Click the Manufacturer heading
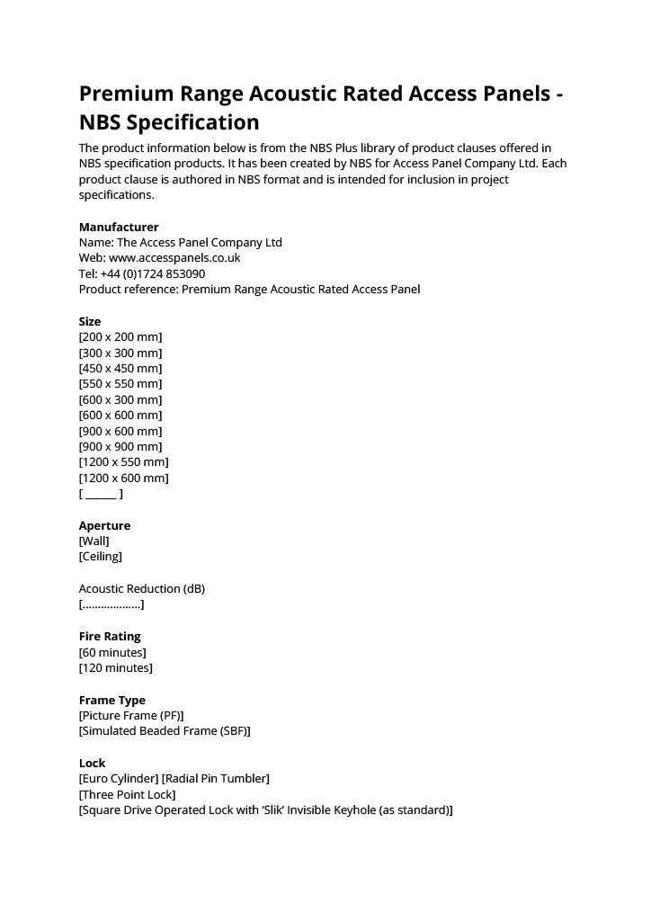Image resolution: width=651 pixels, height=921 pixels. click(119, 227)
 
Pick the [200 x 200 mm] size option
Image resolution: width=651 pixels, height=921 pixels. click(120, 337)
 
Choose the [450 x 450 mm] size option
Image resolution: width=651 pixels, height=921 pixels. click(120, 369)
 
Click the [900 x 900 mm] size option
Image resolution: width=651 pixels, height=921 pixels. click(120, 447)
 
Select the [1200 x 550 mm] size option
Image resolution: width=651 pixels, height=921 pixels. click(124, 462)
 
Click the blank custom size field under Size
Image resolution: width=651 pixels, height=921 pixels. click(101, 494)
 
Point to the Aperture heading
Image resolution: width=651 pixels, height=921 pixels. click(104, 525)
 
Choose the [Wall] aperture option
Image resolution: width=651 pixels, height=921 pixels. click(94, 541)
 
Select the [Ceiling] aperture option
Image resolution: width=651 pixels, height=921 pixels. click(101, 557)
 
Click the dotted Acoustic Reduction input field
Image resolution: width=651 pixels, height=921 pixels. click(111, 604)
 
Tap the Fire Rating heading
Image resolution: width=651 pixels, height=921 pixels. click(110, 636)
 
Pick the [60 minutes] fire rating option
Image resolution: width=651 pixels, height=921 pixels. click(112, 652)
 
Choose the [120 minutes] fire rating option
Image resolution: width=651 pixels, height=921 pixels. click(116, 667)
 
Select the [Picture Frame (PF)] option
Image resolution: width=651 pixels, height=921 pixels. click(131, 716)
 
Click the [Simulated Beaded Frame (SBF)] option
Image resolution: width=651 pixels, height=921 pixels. click(165, 731)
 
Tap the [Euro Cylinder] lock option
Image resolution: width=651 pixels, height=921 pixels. click(119, 778)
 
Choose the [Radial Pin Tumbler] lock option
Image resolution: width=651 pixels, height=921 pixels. click(216, 778)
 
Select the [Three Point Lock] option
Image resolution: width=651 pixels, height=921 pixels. click(128, 794)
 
